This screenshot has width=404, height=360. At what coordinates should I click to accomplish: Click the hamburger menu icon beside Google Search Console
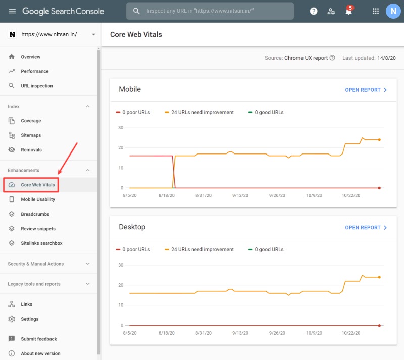pyautogui.click(x=12, y=11)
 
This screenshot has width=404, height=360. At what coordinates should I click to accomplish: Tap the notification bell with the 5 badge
pyautogui.click(x=349, y=11)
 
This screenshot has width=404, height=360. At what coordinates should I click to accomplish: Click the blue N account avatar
pyautogui.click(x=393, y=11)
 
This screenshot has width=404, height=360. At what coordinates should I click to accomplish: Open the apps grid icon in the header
pyautogui.click(x=376, y=11)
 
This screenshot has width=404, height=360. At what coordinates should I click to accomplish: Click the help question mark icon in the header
pyautogui.click(x=314, y=11)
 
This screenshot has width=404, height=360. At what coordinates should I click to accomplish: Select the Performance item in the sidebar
pyautogui.click(x=34, y=71)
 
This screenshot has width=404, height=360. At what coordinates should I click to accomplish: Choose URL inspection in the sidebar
pyautogui.click(x=36, y=86)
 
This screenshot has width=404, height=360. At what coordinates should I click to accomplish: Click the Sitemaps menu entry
pyautogui.click(x=31, y=135)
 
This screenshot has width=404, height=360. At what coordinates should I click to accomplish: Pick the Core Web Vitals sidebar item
pyautogui.click(x=37, y=185)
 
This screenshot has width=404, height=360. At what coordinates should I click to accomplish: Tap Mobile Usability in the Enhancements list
pyautogui.click(x=38, y=199)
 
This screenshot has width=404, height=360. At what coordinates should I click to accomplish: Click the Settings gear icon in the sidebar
pyautogui.click(x=12, y=319)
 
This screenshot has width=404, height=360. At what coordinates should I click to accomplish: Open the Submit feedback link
pyautogui.click(x=39, y=339)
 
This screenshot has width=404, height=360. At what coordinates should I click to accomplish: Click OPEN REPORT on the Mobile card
pyautogui.click(x=366, y=90)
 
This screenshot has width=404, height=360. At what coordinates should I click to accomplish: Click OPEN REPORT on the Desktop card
pyautogui.click(x=366, y=228)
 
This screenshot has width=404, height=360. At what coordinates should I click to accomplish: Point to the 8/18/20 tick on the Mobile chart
pyautogui.click(x=167, y=195)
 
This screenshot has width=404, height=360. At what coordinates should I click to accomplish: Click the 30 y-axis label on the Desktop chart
pyautogui.click(x=121, y=265)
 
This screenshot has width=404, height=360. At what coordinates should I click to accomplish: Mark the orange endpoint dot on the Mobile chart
pyautogui.click(x=379, y=140)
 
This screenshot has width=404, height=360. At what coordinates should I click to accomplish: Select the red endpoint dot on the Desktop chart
pyautogui.click(x=379, y=326)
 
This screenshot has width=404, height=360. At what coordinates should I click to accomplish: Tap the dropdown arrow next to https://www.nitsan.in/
pyautogui.click(x=93, y=34)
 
